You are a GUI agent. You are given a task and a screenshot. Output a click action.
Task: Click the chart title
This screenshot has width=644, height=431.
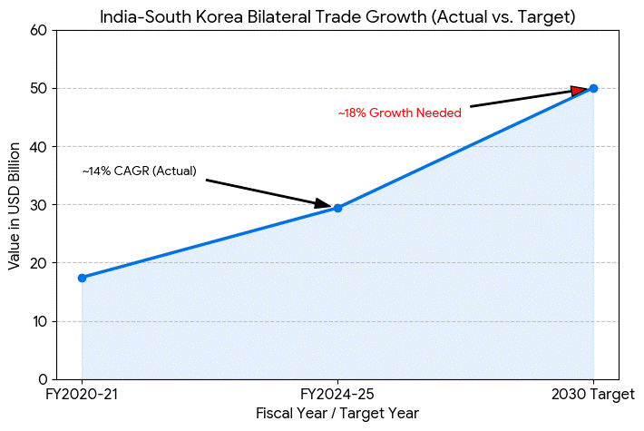point(337,16)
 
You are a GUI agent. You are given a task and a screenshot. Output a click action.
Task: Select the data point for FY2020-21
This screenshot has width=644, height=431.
point(82,278)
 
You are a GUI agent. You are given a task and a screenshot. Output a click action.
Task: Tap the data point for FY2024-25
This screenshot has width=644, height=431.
point(337,208)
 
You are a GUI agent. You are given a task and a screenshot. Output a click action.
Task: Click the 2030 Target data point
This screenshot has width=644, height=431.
point(593,88)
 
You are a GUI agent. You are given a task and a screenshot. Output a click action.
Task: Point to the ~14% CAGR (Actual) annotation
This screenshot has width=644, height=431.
point(139,171)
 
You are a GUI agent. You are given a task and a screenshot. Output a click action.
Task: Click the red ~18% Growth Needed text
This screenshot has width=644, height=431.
point(399,113)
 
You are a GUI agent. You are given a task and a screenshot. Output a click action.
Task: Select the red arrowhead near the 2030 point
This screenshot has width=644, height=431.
point(580,90)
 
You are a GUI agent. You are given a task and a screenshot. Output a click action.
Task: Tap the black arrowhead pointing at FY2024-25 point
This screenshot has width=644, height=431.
point(323,204)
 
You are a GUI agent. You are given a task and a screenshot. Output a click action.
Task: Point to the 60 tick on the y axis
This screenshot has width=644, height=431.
point(38,30)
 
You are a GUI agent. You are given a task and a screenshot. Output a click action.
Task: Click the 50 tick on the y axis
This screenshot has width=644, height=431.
point(38,88)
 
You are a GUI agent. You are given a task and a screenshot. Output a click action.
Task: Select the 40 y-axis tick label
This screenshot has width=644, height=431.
point(38,146)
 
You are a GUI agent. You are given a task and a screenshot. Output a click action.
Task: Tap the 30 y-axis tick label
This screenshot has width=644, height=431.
point(38,204)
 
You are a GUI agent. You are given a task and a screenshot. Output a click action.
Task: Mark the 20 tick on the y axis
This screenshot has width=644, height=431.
point(38,263)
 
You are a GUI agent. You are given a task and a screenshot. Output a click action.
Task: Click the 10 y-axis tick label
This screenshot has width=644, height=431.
point(38,321)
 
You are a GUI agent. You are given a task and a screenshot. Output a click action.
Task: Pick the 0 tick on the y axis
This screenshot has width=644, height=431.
point(42,379)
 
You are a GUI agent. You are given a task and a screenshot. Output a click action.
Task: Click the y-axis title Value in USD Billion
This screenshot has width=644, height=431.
point(14,204)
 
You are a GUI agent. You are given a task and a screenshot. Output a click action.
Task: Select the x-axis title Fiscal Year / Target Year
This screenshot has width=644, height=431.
point(337,414)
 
